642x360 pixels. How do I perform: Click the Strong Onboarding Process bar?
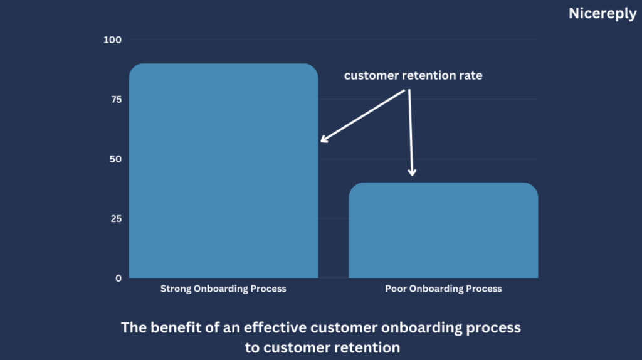(x=224, y=171)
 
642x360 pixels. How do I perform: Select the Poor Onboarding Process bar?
(x=443, y=231)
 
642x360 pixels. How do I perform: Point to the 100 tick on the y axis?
(x=113, y=40)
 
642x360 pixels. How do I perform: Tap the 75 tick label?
(x=116, y=100)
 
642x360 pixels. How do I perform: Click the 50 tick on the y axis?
(x=116, y=159)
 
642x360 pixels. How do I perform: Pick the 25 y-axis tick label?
(x=116, y=219)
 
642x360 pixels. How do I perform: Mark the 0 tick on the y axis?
(x=118, y=278)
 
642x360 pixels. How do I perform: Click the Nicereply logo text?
(x=603, y=14)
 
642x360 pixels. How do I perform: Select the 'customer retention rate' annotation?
(x=413, y=75)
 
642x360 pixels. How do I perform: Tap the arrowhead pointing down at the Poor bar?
(x=413, y=172)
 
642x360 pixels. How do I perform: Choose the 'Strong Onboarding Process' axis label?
(x=223, y=289)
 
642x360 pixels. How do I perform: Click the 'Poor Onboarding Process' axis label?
(x=443, y=289)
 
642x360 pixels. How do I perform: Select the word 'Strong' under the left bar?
(x=176, y=289)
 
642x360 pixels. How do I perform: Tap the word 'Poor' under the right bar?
(x=396, y=289)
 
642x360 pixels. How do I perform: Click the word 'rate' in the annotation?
(x=471, y=76)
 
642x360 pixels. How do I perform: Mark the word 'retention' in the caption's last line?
(x=367, y=347)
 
